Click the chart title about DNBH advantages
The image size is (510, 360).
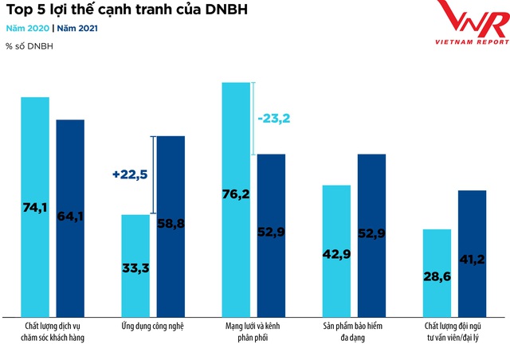(x=127, y=11)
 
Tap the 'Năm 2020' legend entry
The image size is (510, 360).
(x=27, y=28)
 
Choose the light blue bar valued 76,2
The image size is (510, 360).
(x=237, y=198)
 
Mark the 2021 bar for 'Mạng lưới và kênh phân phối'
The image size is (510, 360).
(x=271, y=234)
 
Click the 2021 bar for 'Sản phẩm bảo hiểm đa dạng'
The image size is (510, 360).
(x=372, y=234)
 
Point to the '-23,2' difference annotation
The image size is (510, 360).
(x=274, y=119)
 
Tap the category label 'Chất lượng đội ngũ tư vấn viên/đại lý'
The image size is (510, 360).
(x=454, y=332)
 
